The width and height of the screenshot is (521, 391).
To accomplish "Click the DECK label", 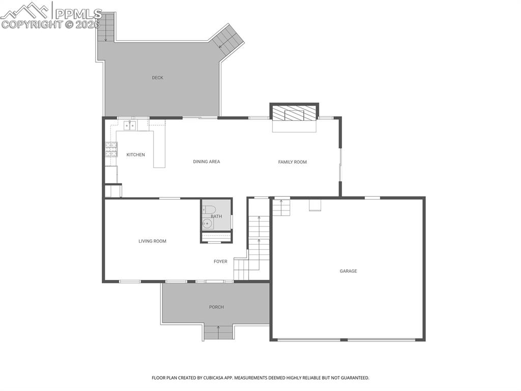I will click(x=157, y=78).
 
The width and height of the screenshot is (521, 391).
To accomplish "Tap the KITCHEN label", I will click(x=136, y=155).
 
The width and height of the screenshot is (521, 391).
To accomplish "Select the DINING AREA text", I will click(x=207, y=162).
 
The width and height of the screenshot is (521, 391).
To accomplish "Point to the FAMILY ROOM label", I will click(x=293, y=162).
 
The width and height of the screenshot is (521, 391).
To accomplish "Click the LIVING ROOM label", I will click(x=152, y=241).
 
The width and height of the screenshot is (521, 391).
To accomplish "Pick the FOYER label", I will click(x=220, y=262).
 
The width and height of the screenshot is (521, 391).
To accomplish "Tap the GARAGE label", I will click(x=349, y=271).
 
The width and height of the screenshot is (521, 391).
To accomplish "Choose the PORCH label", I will click(x=216, y=307).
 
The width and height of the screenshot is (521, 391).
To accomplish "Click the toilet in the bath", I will click(x=209, y=210).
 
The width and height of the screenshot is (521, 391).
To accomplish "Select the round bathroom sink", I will click(x=207, y=223).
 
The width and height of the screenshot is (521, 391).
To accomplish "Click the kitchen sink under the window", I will click(x=130, y=125).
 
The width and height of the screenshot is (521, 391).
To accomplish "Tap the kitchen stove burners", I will click(x=110, y=149).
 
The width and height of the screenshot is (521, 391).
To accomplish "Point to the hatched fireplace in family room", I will click(x=294, y=113).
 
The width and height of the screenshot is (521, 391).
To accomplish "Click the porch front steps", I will click(x=218, y=332).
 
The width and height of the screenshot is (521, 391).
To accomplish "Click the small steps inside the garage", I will click(x=281, y=207).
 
